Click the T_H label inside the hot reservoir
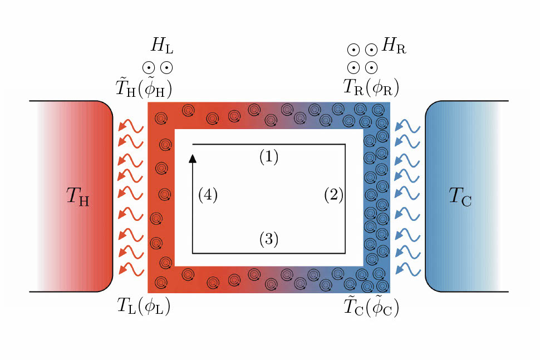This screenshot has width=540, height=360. tap(77, 196)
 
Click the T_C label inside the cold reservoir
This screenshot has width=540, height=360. tap(460, 196)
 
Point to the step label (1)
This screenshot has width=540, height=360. tap(268, 157)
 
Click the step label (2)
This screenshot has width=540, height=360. tap(334, 195)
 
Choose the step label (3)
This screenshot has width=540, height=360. tap(268, 239)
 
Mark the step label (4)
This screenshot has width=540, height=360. tap(208, 195)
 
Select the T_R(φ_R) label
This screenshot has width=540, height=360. tap(371, 86)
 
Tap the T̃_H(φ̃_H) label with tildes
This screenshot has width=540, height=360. tap(142, 86)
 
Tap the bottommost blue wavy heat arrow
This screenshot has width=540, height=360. tap(407, 269)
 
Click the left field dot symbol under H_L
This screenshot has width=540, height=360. tap(149, 68)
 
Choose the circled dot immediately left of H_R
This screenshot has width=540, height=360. tap(371, 50)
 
